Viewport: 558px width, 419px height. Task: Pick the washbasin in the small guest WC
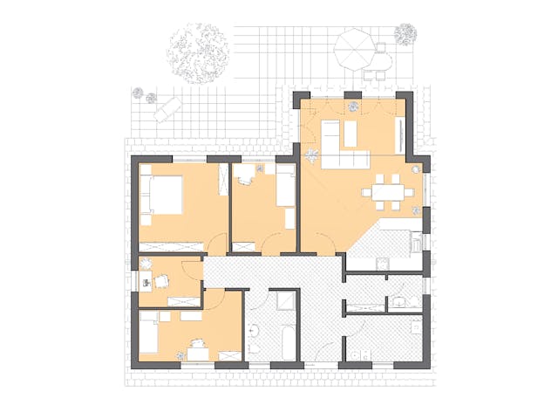tap(398, 302)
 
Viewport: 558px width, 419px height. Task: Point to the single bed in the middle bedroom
tap(286, 187)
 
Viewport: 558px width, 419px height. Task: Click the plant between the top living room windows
tap(354, 106)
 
